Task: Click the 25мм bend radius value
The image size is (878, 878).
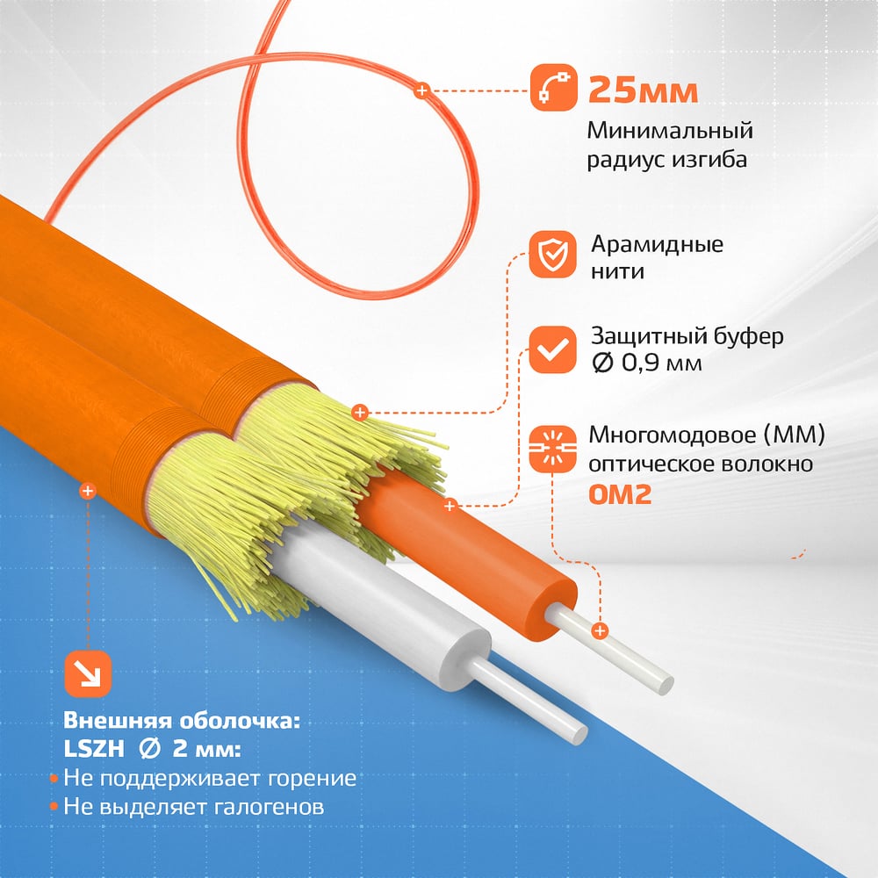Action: pos(643,90)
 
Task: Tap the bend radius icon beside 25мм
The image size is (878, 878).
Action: pos(553,87)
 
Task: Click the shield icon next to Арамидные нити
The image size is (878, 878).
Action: pos(552,255)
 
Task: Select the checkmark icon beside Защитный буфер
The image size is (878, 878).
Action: pos(552,349)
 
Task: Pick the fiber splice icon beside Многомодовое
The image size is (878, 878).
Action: pos(552,449)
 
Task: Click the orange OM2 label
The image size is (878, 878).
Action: pos(620,494)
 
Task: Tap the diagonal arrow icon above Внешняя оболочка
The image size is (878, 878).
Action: pos(88,674)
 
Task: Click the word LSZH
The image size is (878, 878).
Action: pos(94,749)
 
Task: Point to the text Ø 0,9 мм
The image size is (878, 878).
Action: pos(647,363)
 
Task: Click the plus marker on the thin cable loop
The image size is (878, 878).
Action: pos(422,90)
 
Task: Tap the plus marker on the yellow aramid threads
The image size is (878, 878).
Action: pos(360,413)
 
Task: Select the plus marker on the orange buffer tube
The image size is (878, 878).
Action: pos(450,507)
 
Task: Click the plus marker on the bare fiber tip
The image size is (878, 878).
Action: pos(600,631)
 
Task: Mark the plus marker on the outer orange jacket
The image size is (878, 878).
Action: pos(87,491)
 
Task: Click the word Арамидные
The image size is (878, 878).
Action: pos(658,245)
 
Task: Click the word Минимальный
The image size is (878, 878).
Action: pos(670,131)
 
